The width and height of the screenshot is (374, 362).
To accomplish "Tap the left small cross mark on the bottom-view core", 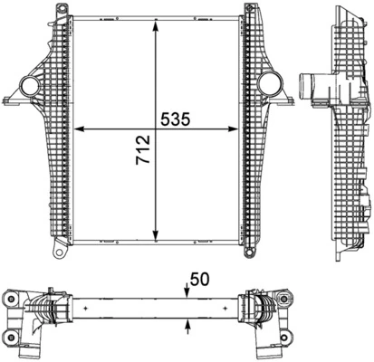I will click(x=84, y=309).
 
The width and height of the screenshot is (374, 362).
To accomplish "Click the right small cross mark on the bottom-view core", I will click(x=233, y=309).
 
